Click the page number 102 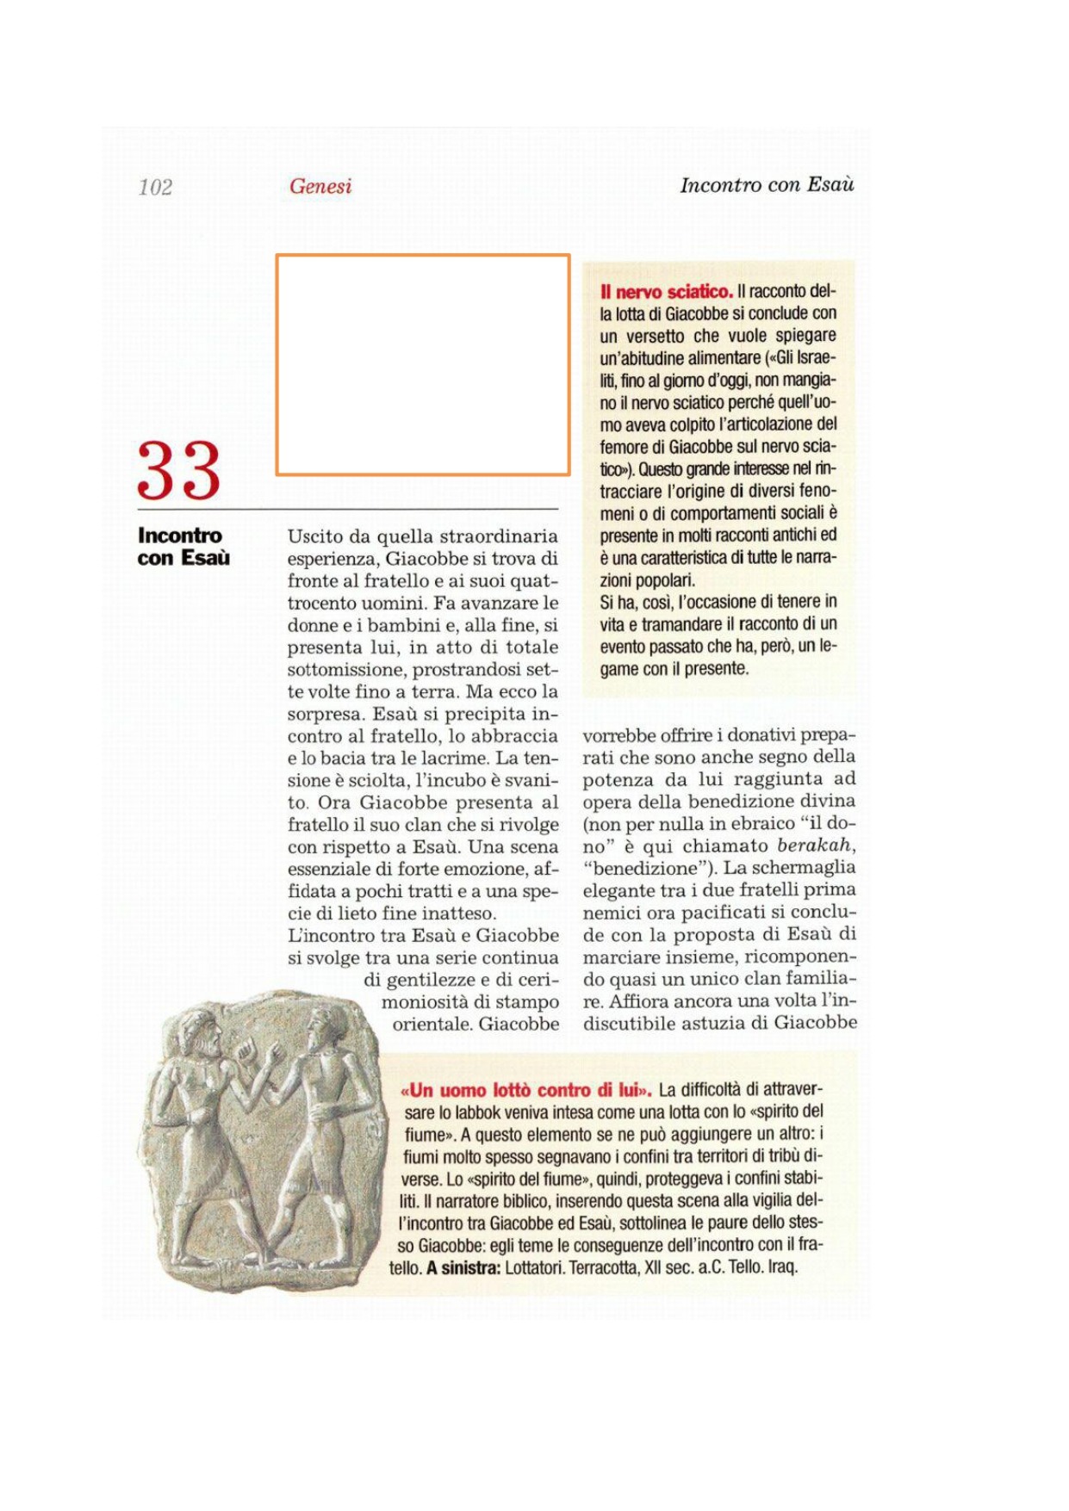point(155,187)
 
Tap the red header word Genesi point(320,186)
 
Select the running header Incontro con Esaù point(767,185)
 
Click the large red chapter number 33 point(179,471)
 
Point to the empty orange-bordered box point(422,364)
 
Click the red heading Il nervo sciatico point(667,292)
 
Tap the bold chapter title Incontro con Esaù point(183,547)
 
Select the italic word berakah point(815,845)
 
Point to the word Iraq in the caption point(783,1267)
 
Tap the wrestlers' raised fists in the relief point(258,1052)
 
